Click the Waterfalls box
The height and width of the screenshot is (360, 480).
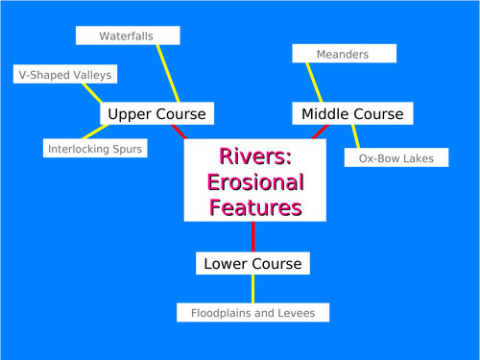coord(128,36)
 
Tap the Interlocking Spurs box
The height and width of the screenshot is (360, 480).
coord(94,149)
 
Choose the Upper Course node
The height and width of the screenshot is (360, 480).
coord(156,113)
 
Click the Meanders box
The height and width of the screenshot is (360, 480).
coord(344,54)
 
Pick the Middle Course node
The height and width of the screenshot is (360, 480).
coord(353,113)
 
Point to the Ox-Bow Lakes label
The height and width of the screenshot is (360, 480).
coord(396,157)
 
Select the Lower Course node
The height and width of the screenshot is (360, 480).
coord(252,262)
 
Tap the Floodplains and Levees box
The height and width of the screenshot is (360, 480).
coord(252,312)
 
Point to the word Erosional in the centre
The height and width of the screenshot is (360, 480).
coord(254,181)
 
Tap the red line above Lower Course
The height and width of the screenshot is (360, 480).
coord(252,236)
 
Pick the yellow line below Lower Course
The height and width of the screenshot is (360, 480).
coord(252,288)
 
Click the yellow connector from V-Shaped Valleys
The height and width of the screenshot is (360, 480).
coord(92,92)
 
